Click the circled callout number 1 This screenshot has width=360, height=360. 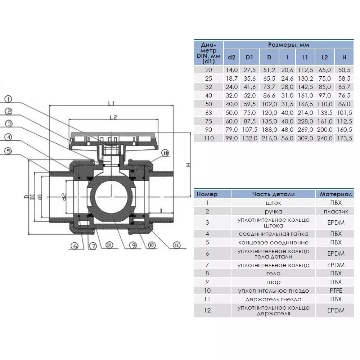click(9, 98)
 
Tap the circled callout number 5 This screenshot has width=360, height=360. click(9, 152)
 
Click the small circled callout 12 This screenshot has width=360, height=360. click(165, 153)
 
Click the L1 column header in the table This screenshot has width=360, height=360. click(305, 57)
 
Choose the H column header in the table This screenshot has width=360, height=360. click(344, 57)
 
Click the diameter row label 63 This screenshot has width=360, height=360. click(208, 113)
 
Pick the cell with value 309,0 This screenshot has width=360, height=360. click(305, 139)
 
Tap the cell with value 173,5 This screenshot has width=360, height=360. click(344, 139)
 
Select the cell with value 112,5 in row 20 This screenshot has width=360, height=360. click(305, 69)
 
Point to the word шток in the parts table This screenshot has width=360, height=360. click(274, 203)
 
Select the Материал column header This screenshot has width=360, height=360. click(336, 194)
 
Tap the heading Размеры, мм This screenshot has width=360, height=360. click(289, 45)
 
